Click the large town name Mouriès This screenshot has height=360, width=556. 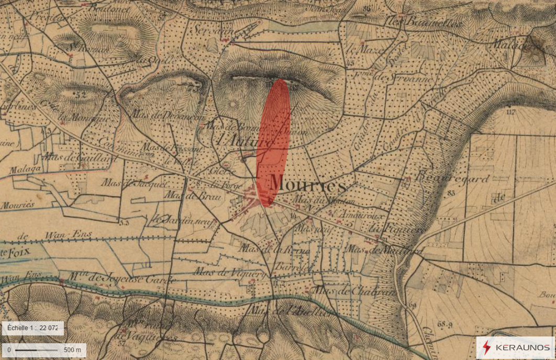click(307, 184)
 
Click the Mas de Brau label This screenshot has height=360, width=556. click(186, 195)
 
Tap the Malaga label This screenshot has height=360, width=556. click(25, 170)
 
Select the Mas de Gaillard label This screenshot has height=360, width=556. click(80, 157)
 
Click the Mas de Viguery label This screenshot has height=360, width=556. click(227, 272)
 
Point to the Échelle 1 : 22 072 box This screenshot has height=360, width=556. click(32, 328)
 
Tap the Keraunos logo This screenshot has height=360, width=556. click(515, 347)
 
